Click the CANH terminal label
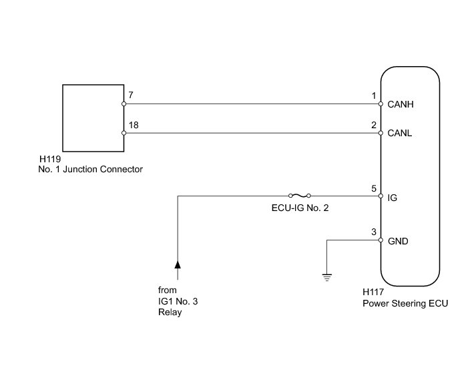[401, 105]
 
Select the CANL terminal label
[400, 134]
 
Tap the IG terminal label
[392, 198]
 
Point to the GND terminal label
[399, 241]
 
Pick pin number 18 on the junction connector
[134, 125]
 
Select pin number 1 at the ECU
[374, 96]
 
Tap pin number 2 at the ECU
[374, 125]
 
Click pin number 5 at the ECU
[374, 189]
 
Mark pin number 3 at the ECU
[374, 232]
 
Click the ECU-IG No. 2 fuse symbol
[298, 196]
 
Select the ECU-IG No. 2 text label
[298, 208]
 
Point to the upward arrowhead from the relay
[178, 265]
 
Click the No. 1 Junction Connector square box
[93, 118]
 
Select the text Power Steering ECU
[405, 303]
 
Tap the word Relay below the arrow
[170, 312]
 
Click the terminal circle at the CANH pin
[381, 104]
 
